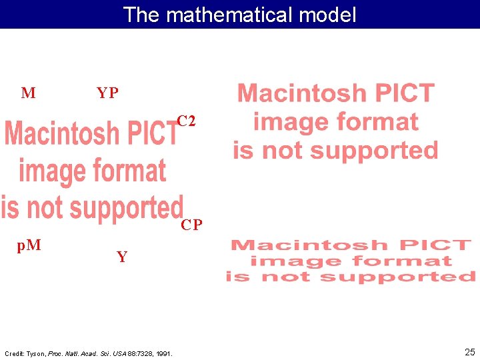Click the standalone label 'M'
click(28, 93)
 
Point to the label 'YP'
click(107, 93)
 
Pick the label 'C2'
click(186, 121)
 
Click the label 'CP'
click(191, 225)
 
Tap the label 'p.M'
click(29, 245)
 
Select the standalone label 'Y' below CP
click(122, 257)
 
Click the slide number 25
click(469, 352)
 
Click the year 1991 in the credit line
click(164, 353)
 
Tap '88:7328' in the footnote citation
click(139, 353)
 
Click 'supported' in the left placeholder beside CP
click(127, 208)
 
